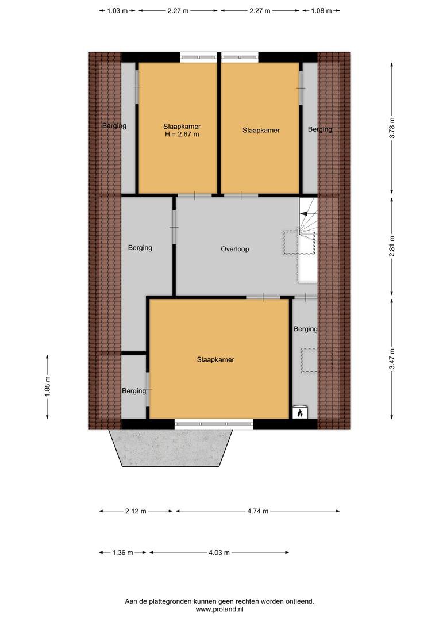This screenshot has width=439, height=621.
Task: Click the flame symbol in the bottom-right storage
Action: (300, 413)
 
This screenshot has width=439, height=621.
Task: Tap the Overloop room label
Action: (235, 249)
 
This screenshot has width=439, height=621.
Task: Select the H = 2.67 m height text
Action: (182, 134)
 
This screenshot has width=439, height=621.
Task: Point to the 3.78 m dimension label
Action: (392, 128)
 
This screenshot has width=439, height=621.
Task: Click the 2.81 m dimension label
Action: (392, 246)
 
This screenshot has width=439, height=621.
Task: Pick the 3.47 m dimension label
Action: (392, 359)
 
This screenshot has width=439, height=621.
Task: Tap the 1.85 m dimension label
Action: (48, 386)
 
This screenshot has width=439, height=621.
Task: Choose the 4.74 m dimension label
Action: (257, 511)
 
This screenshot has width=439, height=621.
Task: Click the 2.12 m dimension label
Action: (136, 511)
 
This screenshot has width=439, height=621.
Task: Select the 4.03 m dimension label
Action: (219, 553)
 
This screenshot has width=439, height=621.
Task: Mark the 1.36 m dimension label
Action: (123, 553)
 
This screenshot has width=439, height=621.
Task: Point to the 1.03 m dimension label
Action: (118, 11)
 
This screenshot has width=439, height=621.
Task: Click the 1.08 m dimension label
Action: (321, 11)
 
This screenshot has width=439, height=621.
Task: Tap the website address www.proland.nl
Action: (219, 609)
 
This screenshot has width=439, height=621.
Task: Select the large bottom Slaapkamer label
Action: (215, 359)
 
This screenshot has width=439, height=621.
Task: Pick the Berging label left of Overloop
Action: (140, 247)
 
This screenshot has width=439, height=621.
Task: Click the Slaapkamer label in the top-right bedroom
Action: (261, 130)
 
